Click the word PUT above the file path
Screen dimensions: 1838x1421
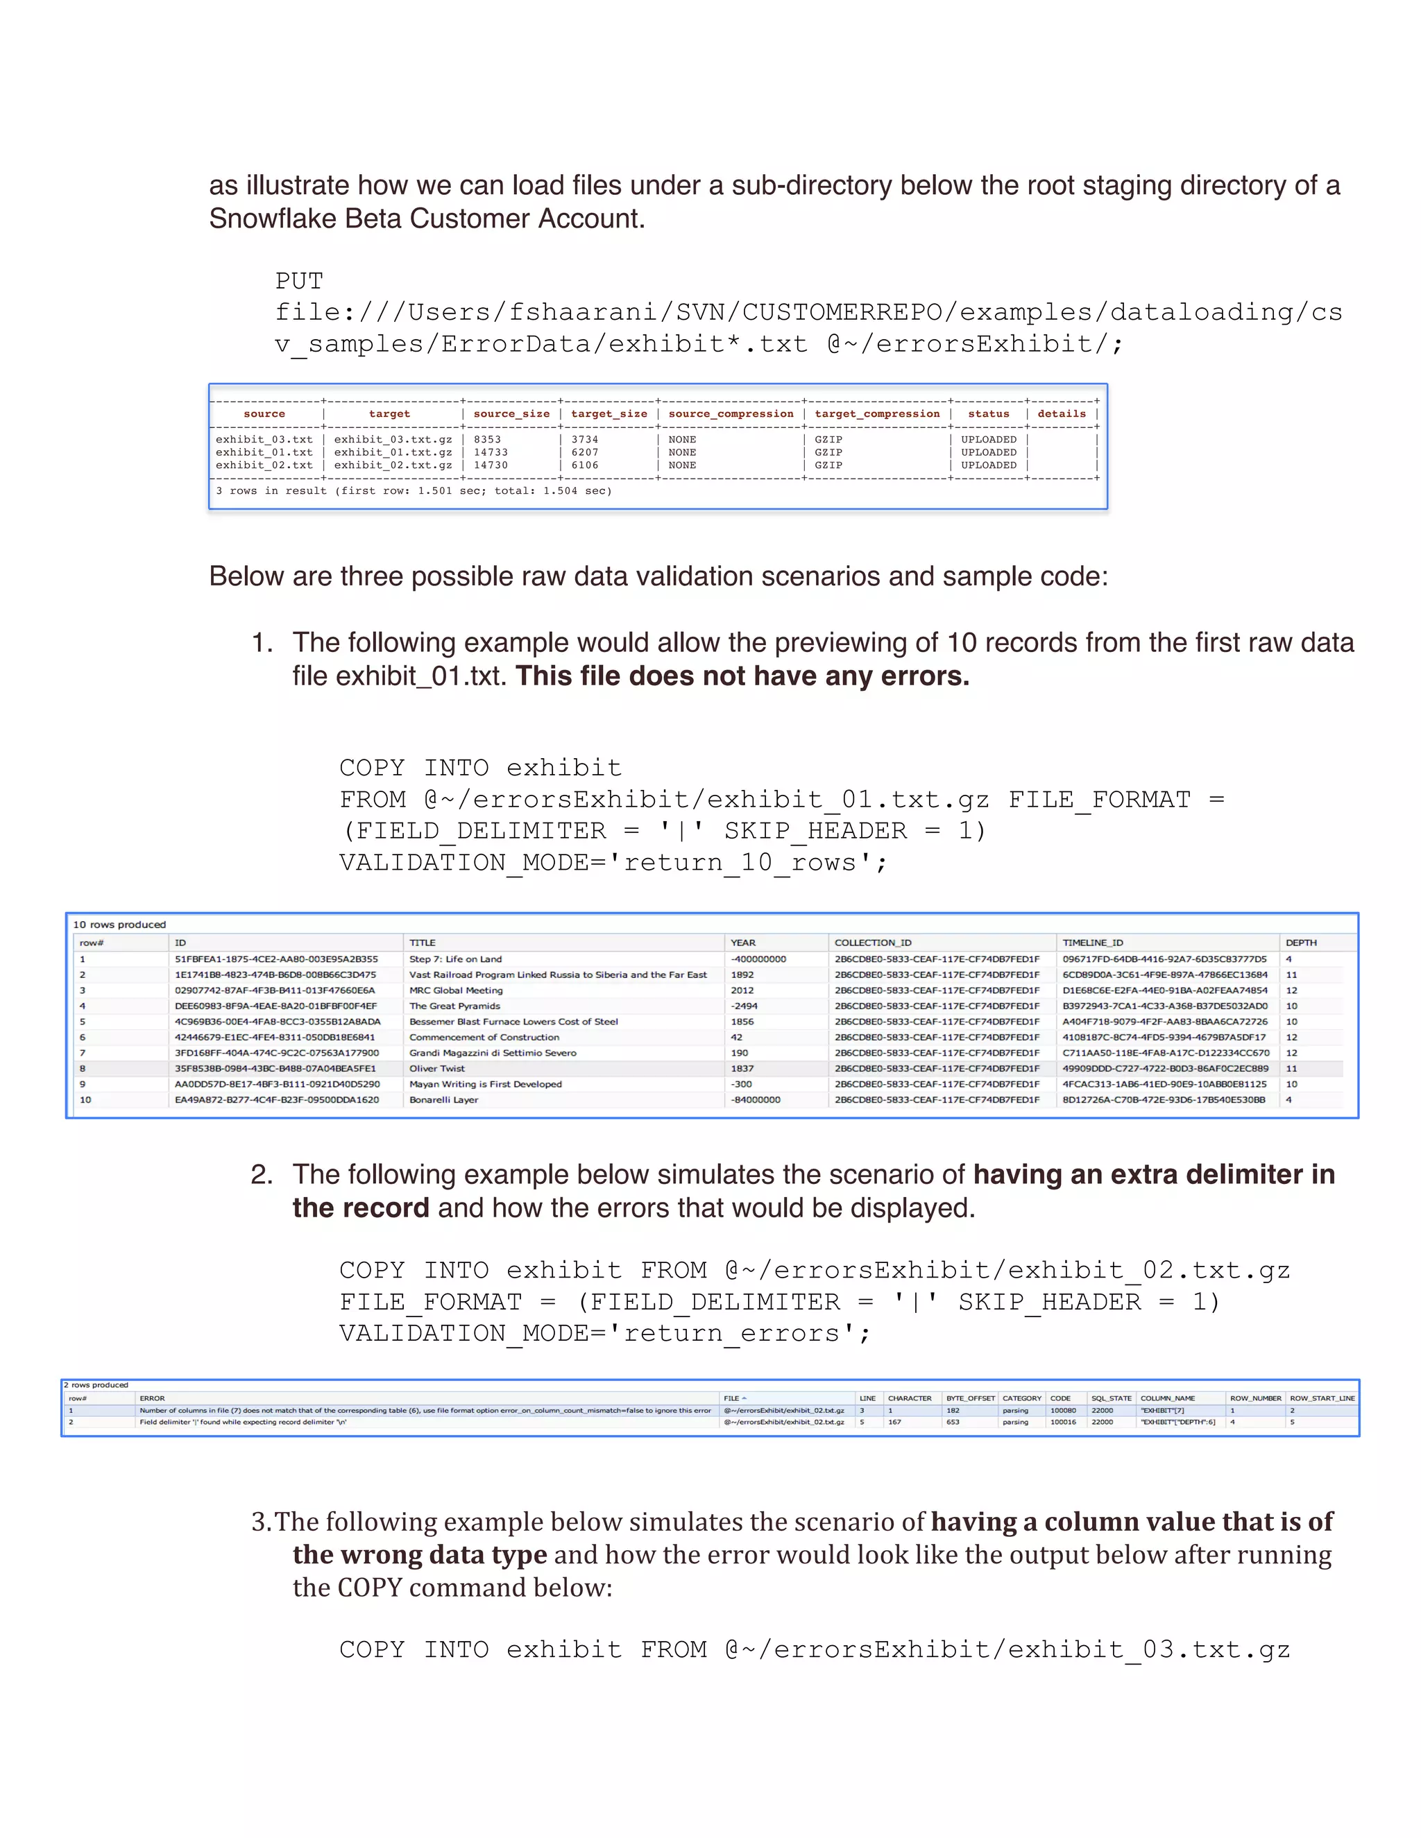299,281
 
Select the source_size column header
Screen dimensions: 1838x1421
511,413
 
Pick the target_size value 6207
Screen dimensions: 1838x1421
584,452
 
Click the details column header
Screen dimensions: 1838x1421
1061,413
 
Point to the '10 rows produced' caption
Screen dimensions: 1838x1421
119,924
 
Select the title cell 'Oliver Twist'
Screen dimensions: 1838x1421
437,1068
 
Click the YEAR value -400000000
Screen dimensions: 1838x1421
758,959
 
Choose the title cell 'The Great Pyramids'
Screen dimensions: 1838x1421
454,1006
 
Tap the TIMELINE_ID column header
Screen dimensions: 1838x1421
1092,943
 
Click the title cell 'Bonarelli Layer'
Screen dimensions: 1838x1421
443,1099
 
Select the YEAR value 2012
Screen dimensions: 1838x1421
742,990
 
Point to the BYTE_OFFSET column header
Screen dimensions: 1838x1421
970,1398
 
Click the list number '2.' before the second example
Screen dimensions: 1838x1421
261,1174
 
